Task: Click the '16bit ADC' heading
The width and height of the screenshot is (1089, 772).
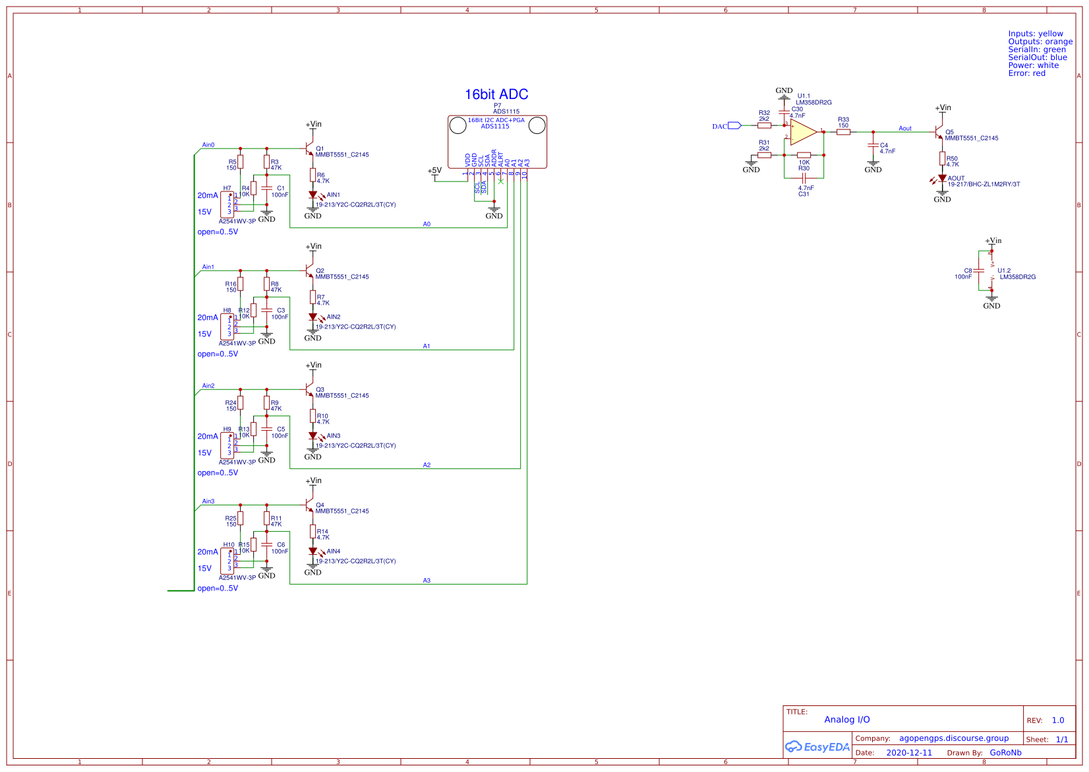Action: (496, 94)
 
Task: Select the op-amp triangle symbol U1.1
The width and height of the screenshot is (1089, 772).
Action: (803, 132)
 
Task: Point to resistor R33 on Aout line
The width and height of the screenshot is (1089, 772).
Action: (843, 132)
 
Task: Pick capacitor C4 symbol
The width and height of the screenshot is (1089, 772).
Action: (873, 146)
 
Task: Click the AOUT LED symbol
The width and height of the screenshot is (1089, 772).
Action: (942, 178)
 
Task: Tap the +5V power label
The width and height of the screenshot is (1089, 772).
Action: (434, 170)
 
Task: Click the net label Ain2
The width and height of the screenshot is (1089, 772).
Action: (208, 386)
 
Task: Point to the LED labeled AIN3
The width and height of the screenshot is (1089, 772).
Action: (313, 436)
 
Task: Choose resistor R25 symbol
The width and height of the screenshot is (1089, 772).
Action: (240, 519)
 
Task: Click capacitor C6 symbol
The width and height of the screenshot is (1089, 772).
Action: (266, 544)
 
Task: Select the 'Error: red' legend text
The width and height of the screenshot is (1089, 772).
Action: (1026, 73)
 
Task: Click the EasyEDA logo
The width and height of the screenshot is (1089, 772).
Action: (817, 747)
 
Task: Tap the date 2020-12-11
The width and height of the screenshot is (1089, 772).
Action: (909, 752)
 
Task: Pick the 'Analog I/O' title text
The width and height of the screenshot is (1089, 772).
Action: (846, 720)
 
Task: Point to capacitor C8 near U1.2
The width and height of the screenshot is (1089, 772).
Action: (979, 271)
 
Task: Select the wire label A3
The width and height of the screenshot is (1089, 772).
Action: (427, 581)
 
